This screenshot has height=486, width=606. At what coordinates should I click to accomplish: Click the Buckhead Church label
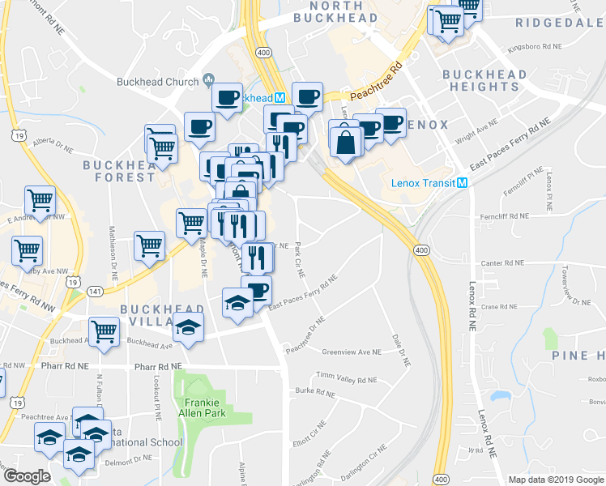point(157,82)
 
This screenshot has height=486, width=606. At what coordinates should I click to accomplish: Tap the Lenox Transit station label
point(422,183)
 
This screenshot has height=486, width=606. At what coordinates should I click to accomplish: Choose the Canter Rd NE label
point(503,263)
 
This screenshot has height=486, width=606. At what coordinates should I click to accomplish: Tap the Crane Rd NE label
point(498,307)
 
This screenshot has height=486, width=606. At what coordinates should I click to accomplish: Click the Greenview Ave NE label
point(351,352)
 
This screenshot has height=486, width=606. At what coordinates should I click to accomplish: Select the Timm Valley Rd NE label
point(346,379)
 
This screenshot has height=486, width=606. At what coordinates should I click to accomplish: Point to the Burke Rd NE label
point(315,392)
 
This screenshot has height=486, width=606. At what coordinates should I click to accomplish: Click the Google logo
point(26,476)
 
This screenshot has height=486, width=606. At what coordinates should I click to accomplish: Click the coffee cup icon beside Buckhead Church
point(227,98)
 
